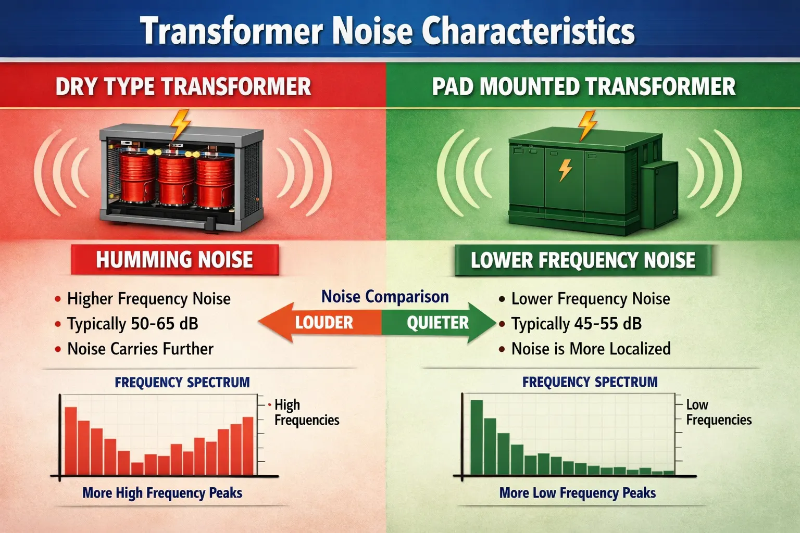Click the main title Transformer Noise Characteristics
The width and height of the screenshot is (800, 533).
click(x=387, y=31)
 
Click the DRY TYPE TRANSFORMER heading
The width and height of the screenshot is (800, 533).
click(x=183, y=86)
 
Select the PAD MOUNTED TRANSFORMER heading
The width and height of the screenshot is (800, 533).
click(x=584, y=86)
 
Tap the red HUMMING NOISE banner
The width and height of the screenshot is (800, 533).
click(x=174, y=260)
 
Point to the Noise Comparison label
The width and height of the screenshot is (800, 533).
click(x=385, y=297)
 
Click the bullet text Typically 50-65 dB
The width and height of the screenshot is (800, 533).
click(x=133, y=324)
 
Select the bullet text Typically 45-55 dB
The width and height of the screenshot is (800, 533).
click(x=576, y=324)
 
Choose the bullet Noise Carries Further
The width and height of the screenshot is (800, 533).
click(x=140, y=349)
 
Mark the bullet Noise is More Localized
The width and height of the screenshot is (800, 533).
click(x=591, y=349)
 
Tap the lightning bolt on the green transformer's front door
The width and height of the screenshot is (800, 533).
click(x=565, y=170)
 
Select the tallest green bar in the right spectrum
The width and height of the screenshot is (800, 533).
click(x=477, y=437)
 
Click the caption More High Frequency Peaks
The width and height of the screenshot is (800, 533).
click(x=162, y=493)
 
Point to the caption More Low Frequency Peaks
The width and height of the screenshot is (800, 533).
click(x=577, y=493)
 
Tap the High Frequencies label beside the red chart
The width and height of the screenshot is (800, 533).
click(x=306, y=412)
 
